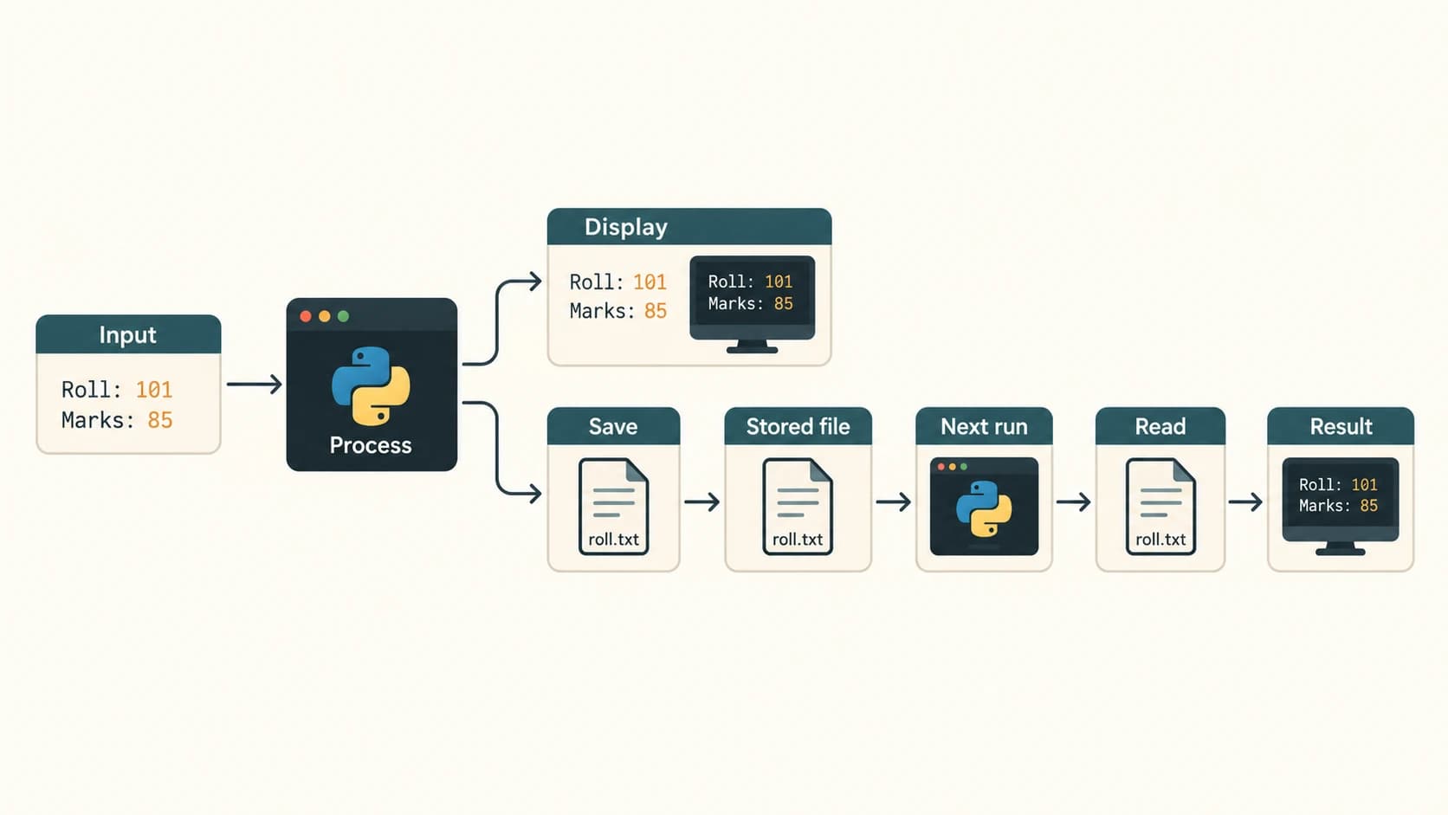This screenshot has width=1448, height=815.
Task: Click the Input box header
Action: pyautogui.click(x=128, y=334)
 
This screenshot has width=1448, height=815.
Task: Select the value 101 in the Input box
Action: pyautogui.click(x=154, y=390)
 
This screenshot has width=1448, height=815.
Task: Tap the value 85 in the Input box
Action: pyautogui.click(x=160, y=420)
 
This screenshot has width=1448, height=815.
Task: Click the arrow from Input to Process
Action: pyautogui.click(x=254, y=385)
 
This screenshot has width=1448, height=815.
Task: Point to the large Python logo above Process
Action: pyautogui.click(x=371, y=386)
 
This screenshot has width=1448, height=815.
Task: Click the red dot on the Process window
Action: pyautogui.click(x=306, y=316)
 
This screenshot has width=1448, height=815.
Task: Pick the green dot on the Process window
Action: pyautogui.click(x=343, y=316)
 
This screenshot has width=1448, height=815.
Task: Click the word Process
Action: pyautogui.click(x=371, y=445)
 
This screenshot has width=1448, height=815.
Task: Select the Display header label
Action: pyautogui.click(x=626, y=228)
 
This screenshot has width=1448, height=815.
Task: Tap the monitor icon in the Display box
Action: pyautogui.click(x=753, y=304)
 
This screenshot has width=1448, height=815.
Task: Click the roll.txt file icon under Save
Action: pyautogui.click(x=613, y=507)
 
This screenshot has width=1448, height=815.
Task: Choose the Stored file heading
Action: pyautogui.click(x=798, y=427)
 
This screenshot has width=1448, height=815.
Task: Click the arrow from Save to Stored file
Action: pyautogui.click(x=702, y=501)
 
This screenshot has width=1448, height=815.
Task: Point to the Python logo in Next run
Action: pyautogui.click(x=984, y=508)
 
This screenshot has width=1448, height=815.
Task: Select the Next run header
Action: pyautogui.click(x=984, y=426)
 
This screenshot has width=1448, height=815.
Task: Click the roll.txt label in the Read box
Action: pyautogui.click(x=1161, y=539)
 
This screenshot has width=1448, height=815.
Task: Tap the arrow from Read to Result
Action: pyautogui.click(x=1245, y=501)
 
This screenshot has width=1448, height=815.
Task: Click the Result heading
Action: pyautogui.click(x=1341, y=427)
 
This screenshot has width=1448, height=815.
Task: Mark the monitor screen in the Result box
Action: pyautogui.click(x=1341, y=495)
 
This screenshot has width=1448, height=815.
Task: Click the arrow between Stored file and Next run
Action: pyautogui.click(x=894, y=501)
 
